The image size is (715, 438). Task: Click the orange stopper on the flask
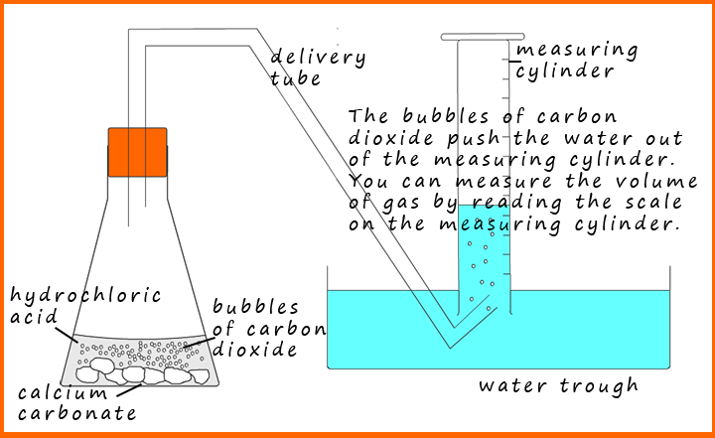(137, 152)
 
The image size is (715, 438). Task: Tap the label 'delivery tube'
(318, 68)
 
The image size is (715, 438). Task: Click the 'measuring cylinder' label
(577, 61)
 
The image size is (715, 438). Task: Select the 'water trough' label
(558, 386)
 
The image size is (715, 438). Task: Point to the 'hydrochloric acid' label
(85, 306)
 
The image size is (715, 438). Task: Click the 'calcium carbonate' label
(77, 403)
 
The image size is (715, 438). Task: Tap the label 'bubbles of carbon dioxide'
(269, 328)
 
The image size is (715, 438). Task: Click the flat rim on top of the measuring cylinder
(483, 37)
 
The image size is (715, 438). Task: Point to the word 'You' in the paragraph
(368, 181)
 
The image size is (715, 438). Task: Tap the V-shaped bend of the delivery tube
(452, 337)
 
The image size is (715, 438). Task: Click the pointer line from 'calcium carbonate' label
(129, 390)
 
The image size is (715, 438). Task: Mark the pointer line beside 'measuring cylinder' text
(514, 61)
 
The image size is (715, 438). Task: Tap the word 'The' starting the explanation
(368, 117)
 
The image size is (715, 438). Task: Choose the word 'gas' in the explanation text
(400, 204)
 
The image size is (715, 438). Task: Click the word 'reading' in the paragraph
(517, 203)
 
